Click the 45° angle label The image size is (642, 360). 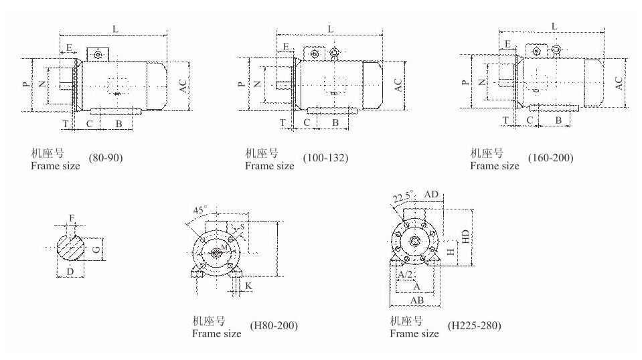[200, 210]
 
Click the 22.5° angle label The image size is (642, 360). [404, 197]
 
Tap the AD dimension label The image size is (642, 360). [431, 194]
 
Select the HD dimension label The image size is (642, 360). [465, 236]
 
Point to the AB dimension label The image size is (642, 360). [417, 300]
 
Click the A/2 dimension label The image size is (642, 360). [405, 274]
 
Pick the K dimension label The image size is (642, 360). [248, 286]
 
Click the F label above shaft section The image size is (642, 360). [72, 218]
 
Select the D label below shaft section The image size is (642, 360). [70, 272]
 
